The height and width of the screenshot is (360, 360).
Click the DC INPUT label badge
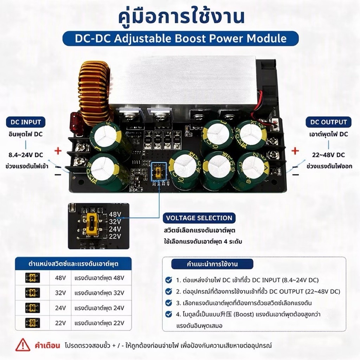(26, 122)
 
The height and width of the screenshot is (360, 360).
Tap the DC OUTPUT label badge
(328, 122)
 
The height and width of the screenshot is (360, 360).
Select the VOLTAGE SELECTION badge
(199, 218)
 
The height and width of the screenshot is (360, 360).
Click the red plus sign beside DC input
(58, 151)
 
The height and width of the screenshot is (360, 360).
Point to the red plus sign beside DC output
(295, 151)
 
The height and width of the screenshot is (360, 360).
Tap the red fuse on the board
(76, 124)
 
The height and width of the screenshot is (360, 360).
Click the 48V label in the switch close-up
(115, 214)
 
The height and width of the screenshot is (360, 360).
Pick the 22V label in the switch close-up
(115, 236)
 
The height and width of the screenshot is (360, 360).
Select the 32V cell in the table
(60, 293)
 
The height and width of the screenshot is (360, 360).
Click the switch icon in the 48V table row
(32, 278)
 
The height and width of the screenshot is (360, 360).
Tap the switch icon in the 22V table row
(32, 323)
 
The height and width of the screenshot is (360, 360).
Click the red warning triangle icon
(23, 345)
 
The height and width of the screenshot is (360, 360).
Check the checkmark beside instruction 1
(169, 280)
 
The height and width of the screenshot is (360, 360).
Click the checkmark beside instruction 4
(169, 314)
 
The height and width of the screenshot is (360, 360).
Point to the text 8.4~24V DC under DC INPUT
(26, 155)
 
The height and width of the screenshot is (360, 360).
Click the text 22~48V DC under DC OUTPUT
(329, 155)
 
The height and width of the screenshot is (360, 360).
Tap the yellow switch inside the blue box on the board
(158, 172)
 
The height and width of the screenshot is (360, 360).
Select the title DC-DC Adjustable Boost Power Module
(181, 39)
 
